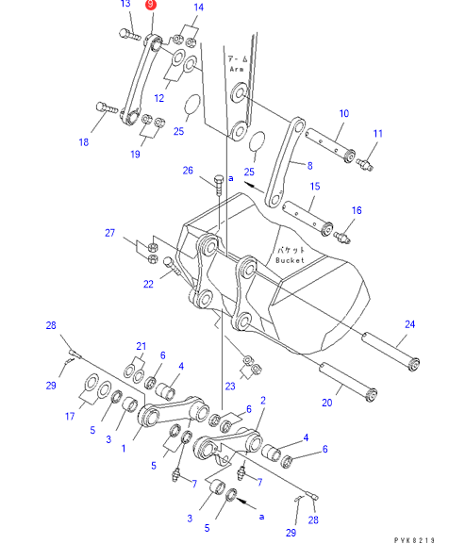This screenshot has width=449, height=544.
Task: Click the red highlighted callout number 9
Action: (151, 5)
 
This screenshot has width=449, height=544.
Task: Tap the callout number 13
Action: (125, 4)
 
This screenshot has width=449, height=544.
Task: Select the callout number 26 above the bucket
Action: (188, 171)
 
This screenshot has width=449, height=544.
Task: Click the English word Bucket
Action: (290, 260)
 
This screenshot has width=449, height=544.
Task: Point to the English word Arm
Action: (237, 69)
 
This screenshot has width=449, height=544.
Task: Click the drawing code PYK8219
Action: (414, 540)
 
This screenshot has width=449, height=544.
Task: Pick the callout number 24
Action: (409, 324)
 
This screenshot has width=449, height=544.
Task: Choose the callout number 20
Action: (327, 403)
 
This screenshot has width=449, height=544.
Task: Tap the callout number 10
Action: (344, 113)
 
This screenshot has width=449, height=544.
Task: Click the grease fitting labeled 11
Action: (364, 164)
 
